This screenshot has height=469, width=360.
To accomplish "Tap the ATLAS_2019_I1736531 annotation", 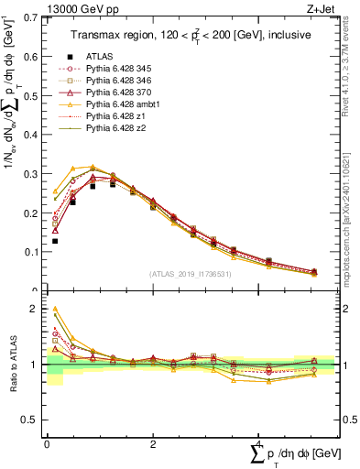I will pyautogui.click(x=191, y=274).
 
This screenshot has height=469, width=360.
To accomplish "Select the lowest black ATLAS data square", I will pyautogui.click(x=54, y=241).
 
